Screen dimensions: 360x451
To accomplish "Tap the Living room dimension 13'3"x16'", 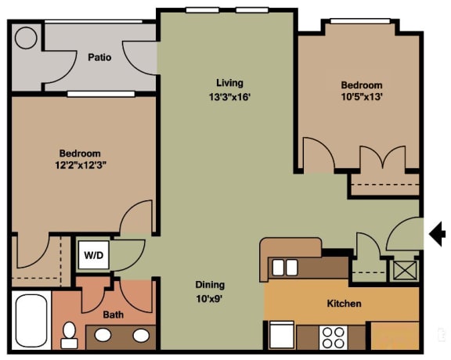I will pos(229,97).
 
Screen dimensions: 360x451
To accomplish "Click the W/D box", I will pos(92,254).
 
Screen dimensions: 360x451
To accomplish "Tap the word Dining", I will pos(210,285).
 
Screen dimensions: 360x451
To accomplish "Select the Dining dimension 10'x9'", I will pos(210,298).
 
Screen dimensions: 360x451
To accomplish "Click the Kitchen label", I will pos(344,304).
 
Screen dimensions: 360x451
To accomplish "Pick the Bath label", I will pos(113,315).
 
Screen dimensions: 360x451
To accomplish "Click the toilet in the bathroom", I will pos(70,334).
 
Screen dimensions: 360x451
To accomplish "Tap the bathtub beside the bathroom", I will pos(31,321).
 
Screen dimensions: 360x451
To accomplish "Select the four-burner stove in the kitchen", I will pos(334,337).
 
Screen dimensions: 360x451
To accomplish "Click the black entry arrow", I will pos(438,233).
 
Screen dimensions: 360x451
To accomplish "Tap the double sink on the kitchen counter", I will pos(285,268).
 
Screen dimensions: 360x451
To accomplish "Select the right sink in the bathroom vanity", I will pos(141,336).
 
